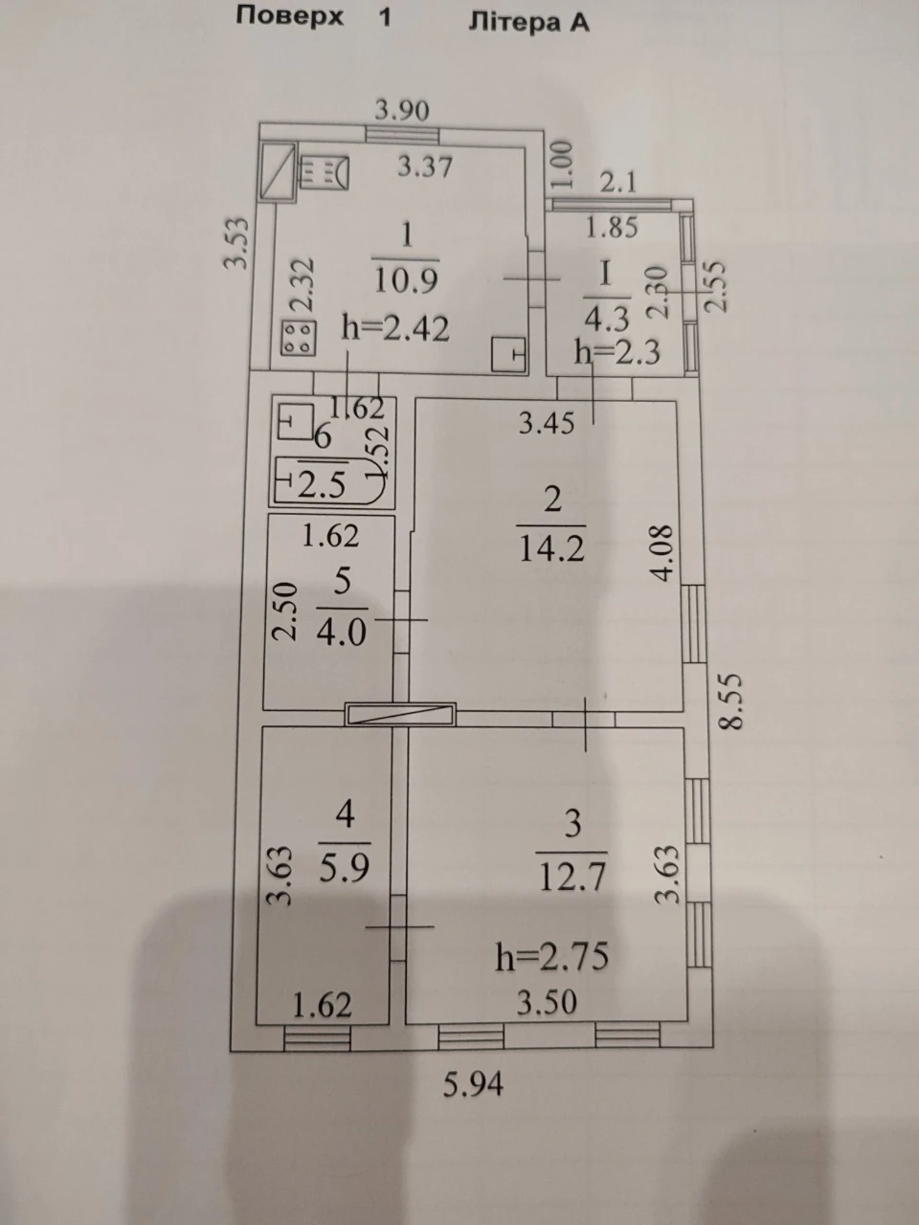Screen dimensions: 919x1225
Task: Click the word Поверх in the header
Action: coord(290,18)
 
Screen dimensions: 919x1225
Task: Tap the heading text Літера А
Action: coord(529,23)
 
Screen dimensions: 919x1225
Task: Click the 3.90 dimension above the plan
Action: coord(402,110)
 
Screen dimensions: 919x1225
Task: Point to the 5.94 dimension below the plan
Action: coord(473,1084)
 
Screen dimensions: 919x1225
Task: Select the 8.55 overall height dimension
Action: coord(731,702)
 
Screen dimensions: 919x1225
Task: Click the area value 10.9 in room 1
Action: coord(406,280)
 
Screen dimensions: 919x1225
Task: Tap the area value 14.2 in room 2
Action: coord(551,548)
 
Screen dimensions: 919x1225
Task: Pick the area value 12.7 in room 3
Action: coord(572,878)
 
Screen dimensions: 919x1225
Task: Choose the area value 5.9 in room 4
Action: coord(345,867)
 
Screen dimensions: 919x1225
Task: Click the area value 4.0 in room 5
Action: coord(342,633)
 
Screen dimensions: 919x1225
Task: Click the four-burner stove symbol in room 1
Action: coord(299,338)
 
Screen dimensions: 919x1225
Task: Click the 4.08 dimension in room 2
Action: coord(663,553)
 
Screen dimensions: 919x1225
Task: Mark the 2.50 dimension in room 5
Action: coord(284,612)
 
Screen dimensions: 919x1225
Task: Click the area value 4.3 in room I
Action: coord(606,320)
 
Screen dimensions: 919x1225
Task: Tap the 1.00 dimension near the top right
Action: coord(563,166)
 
